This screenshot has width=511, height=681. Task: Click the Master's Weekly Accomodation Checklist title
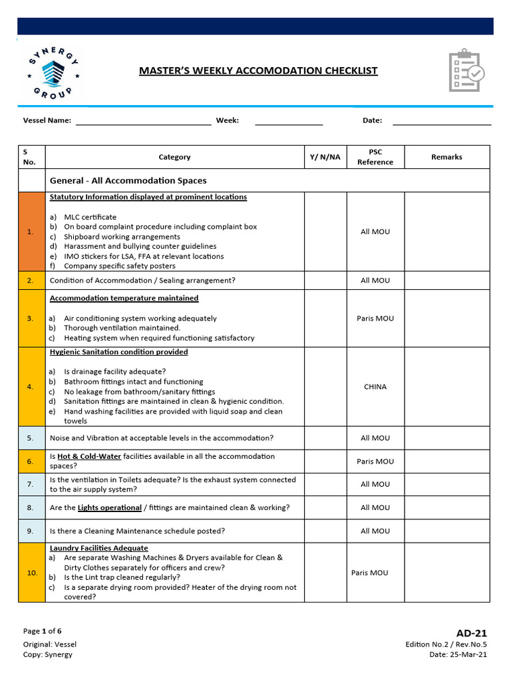tap(258, 70)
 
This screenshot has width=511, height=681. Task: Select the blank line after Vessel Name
tap(143, 121)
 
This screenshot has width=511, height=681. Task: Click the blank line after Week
tap(289, 121)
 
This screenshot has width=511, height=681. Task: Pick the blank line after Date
tap(442, 121)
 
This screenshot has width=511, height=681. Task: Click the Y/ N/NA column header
tap(325, 157)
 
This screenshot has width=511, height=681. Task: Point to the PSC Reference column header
tap(375, 157)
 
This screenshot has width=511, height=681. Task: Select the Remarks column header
tap(446, 157)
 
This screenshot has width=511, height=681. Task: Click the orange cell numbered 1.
tap(31, 231)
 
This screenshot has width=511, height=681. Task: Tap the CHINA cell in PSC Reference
tap(375, 386)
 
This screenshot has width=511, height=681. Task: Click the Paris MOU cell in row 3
tap(375, 318)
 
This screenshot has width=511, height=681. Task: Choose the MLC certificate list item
tap(90, 217)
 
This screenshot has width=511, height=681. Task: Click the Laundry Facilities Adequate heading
tap(98, 548)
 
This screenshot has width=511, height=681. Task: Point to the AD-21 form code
tap(471, 633)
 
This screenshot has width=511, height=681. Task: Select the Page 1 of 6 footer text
tap(43, 631)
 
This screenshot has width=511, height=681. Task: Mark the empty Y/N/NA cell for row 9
tap(325, 531)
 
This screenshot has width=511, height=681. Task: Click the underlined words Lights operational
tap(109, 507)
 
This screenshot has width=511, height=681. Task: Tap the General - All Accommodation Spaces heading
tap(128, 180)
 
